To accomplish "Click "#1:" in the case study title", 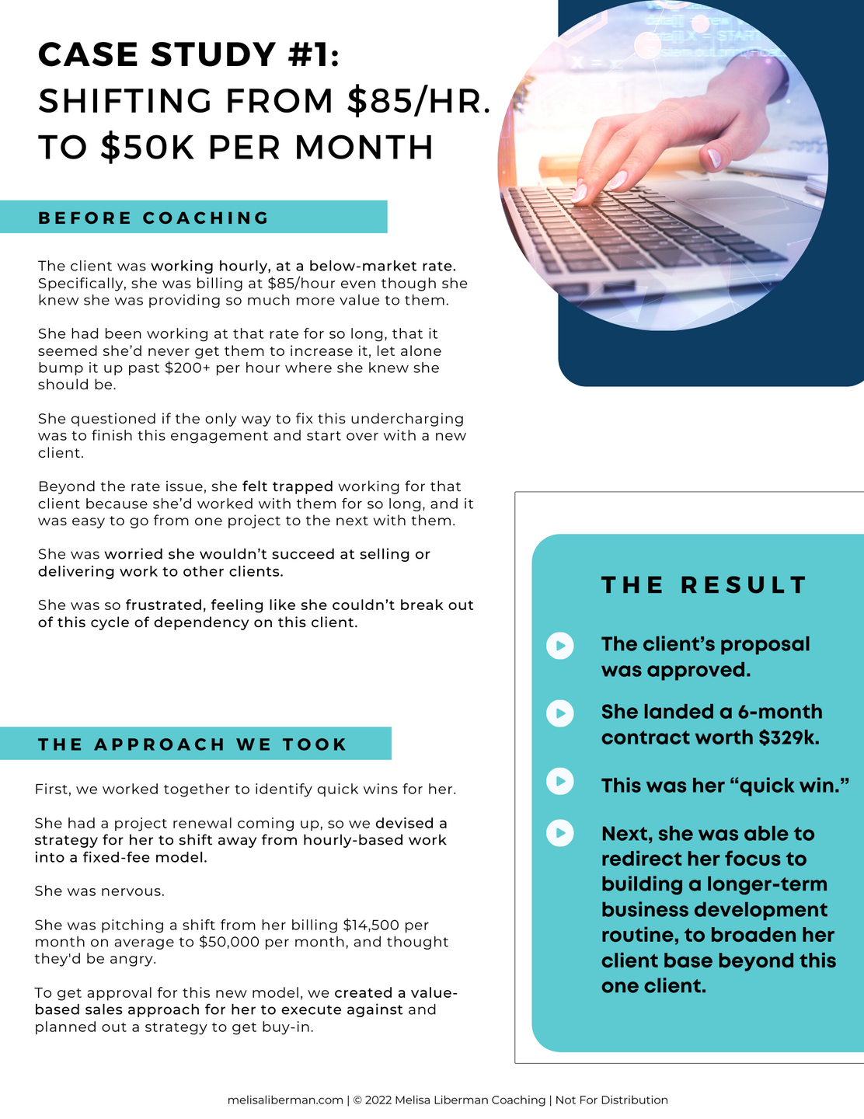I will [307, 55].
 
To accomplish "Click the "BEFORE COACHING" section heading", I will [154, 218].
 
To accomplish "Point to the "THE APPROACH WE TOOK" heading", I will [193, 744].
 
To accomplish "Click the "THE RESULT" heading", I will [705, 585].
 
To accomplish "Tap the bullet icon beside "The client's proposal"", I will [559, 645].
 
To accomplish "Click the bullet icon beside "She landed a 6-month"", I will [559, 713].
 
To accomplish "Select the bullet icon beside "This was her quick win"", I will [559, 781].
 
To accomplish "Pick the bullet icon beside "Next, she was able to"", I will [559, 833].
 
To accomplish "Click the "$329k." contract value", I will [789, 737].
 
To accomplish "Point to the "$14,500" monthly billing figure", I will [373, 925].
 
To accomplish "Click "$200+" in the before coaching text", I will [188, 368].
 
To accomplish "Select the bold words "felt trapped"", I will [287, 486].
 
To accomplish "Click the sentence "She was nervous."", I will [99, 891].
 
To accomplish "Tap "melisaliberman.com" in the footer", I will [285, 1100].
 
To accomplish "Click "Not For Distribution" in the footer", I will [611, 1100].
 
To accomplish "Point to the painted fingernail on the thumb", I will [713, 159].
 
